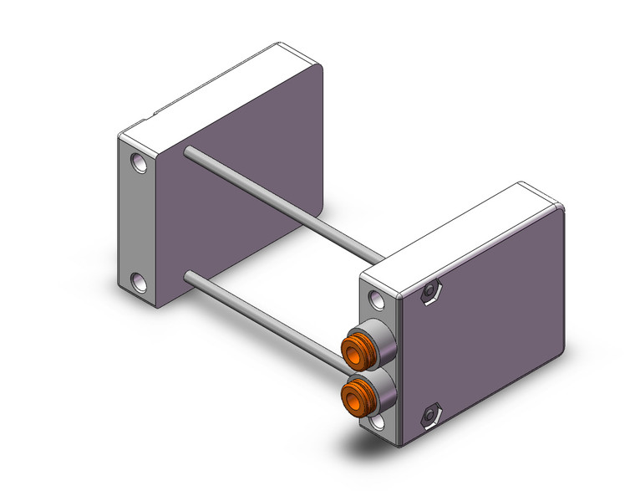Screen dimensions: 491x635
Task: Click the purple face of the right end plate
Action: (x=485, y=318)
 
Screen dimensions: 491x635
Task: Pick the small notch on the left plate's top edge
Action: (x=154, y=115)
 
